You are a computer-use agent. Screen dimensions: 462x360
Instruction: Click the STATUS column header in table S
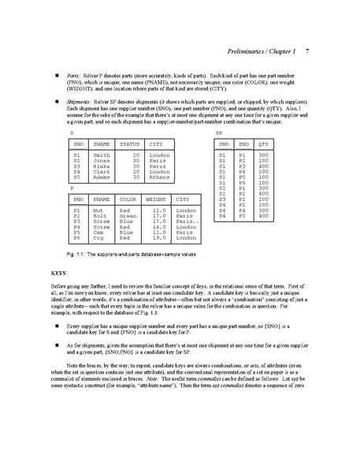tap(128, 144)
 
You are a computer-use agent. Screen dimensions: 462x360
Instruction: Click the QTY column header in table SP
tap(264, 144)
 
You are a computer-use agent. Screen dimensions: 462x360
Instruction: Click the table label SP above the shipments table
tap(218, 132)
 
